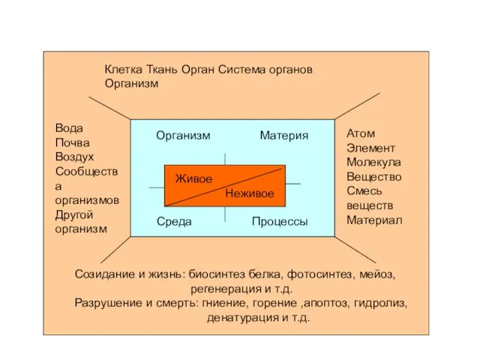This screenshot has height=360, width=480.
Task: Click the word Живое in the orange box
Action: (193, 178)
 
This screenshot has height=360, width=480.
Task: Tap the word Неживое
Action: (250, 193)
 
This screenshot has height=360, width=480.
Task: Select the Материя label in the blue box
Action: (284, 135)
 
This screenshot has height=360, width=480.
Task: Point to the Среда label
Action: (174, 221)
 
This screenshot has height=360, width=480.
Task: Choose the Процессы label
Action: (280, 221)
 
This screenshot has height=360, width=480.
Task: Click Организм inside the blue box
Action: (183, 135)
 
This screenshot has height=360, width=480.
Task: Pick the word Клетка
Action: (123, 70)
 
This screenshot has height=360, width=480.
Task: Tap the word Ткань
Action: (162, 70)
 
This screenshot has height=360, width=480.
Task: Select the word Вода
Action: (69, 128)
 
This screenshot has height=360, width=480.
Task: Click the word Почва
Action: (72, 142)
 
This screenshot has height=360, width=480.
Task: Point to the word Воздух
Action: (74, 157)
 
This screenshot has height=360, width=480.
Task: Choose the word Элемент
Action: (370, 148)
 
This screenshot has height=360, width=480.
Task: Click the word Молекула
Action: (373, 162)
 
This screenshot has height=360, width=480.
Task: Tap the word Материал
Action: (374, 220)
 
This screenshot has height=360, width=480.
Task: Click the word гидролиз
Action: (380, 303)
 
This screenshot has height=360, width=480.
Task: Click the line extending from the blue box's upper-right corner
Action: (357, 106)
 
